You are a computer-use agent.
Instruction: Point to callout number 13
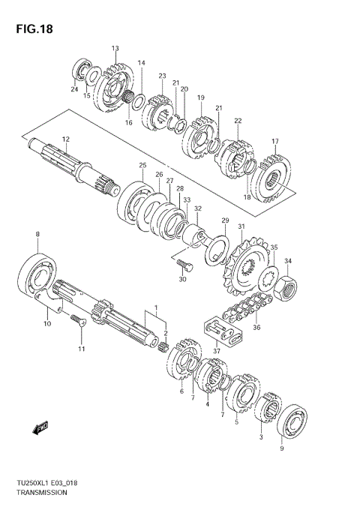[x=115, y=49]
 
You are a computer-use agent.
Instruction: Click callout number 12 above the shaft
[x=65, y=140]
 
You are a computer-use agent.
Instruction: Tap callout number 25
[x=142, y=165]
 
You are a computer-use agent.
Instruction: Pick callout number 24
[x=74, y=90]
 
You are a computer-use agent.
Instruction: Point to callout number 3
[x=260, y=436]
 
